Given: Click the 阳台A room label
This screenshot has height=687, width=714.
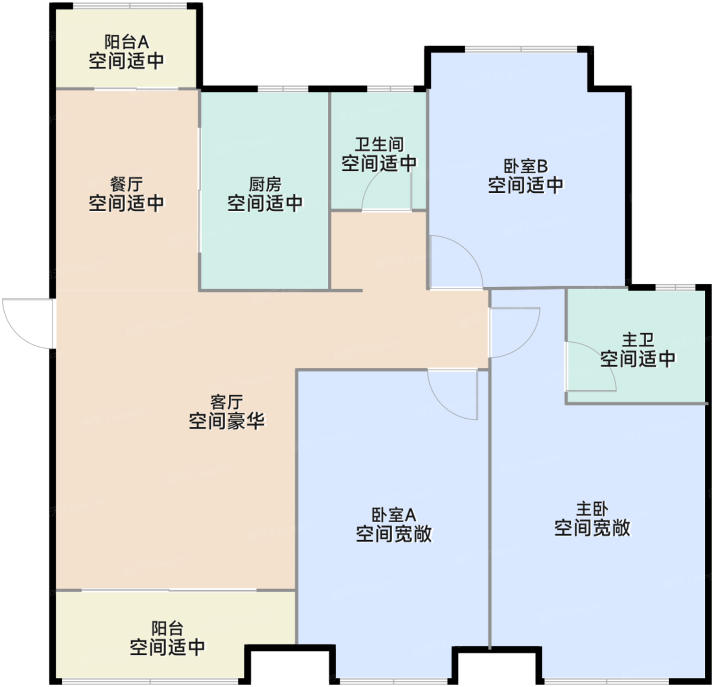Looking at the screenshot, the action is [x=126, y=42].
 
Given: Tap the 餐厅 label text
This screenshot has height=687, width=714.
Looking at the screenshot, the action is [x=126, y=184].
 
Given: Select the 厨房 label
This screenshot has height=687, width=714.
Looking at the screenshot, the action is [x=265, y=184].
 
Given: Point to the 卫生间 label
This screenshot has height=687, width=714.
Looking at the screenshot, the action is [x=379, y=144].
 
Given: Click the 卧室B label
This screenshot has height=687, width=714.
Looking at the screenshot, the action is [x=525, y=166].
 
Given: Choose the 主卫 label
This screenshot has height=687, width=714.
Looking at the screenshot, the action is [x=637, y=340].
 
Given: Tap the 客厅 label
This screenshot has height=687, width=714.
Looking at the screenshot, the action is [x=226, y=402].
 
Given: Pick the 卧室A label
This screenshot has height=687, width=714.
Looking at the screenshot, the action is [x=394, y=515].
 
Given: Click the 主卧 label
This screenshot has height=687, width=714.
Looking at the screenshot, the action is [x=592, y=509].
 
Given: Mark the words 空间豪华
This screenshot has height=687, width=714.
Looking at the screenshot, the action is [x=226, y=421].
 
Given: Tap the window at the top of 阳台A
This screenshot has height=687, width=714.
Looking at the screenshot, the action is [x=130, y=6].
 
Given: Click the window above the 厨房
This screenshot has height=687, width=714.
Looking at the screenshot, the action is [x=283, y=88].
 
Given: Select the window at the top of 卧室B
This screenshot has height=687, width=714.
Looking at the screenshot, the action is [x=521, y=49].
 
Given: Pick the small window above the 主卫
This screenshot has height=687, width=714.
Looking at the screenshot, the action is [x=675, y=287].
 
